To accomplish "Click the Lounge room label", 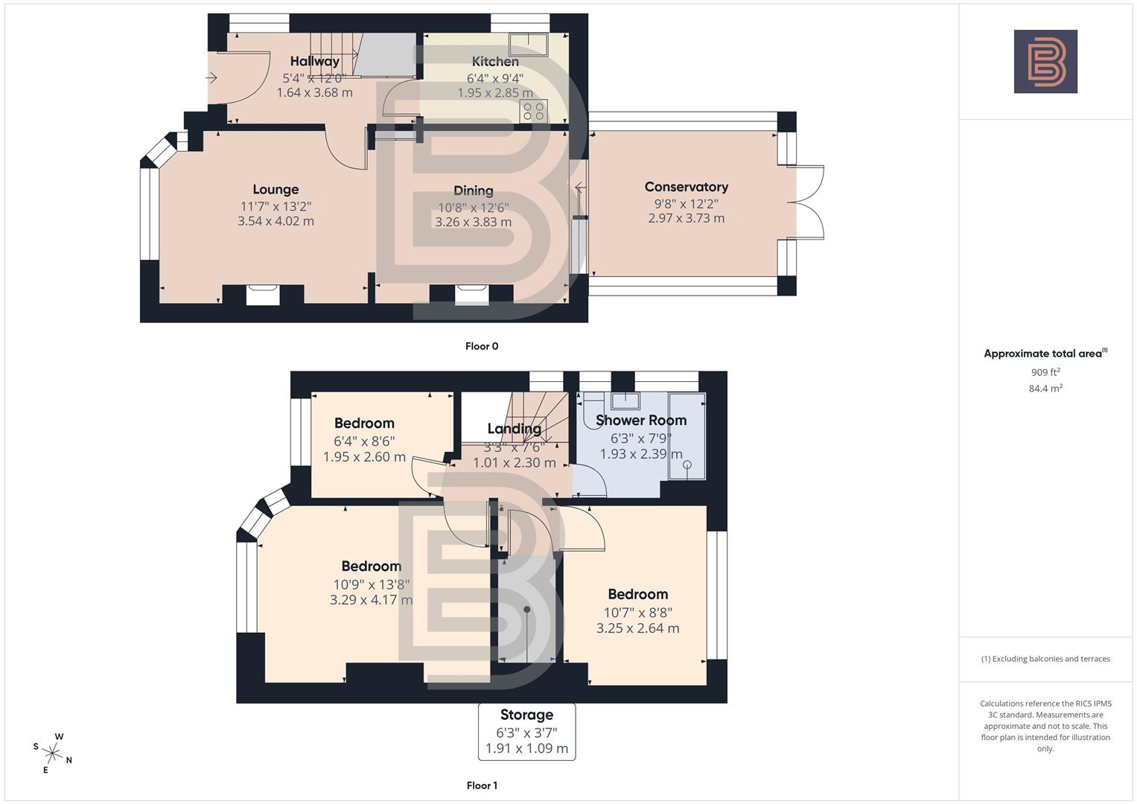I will coord(276,190).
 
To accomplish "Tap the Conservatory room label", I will coord(686,187).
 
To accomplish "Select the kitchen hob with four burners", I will coord(534,111).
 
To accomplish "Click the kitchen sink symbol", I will coord(528,44).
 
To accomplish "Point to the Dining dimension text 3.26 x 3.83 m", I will coord(473,222).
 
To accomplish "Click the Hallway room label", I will coord(314,61).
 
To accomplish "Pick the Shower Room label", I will coord(641,421).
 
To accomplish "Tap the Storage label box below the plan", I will coord(526,732).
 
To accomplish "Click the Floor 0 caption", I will coord(482,346).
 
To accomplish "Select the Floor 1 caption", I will coord(482,785).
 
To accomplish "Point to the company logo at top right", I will coord(1045,62).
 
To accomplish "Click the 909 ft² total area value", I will coord(1045,372).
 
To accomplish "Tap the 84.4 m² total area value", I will coord(1045,388).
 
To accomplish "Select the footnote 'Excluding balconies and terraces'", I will coord(1045,659).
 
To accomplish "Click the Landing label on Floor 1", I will coord(514,429).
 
